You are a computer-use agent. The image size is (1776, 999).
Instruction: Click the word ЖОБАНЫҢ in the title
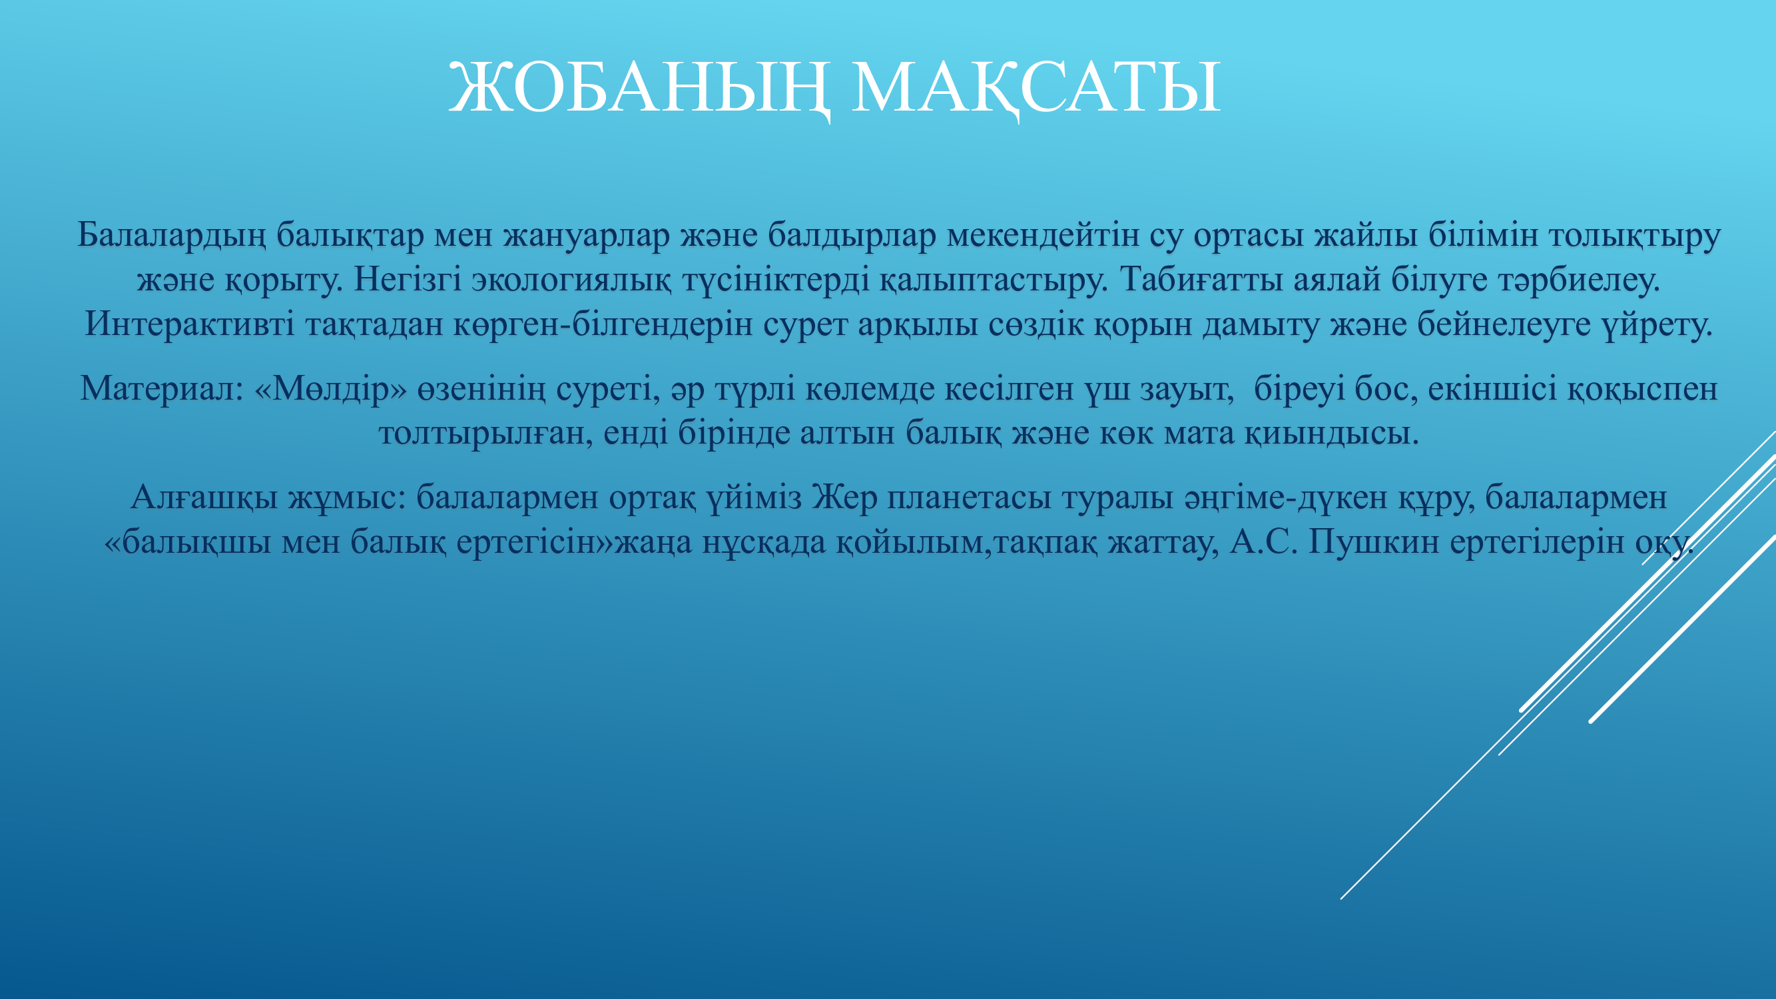tap(640, 89)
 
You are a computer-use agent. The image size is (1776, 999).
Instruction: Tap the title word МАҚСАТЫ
tap(1036, 89)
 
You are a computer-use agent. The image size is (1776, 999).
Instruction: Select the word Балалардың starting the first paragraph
tap(171, 236)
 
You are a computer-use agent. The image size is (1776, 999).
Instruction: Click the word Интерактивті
tap(190, 324)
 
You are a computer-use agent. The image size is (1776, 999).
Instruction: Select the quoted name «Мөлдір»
tap(331, 389)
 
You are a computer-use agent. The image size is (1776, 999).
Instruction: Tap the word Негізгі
tap(408, 278)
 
